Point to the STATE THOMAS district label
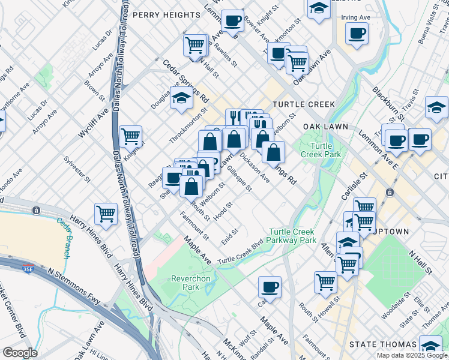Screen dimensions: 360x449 click(383, 344)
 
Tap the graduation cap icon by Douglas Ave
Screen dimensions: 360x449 click(180, 98)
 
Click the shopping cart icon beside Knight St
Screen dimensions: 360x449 click(130, 136)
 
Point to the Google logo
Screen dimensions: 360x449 click(20, 353)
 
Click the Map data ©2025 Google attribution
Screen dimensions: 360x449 click(412, 355)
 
